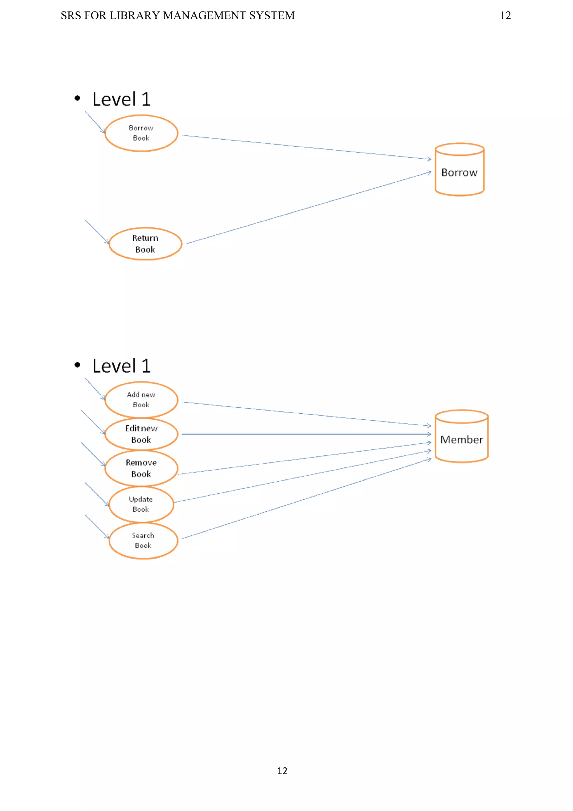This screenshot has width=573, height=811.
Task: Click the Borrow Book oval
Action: point(141,133)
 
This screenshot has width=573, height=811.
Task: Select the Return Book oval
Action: point(145,244)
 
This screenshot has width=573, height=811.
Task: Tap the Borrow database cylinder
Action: point(459,170)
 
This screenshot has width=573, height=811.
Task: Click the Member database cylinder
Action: point(461,436)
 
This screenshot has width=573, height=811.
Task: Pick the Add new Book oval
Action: point(141,400)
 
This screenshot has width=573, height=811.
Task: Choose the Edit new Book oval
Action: point(141,434)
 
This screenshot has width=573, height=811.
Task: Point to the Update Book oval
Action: point(141,504)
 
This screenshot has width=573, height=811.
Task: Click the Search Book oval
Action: point(143,541)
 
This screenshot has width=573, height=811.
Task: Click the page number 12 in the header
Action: point(506,16)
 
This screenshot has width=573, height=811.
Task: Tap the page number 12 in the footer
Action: point(282,771)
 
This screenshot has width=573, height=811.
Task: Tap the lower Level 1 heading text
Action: point(121,366)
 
